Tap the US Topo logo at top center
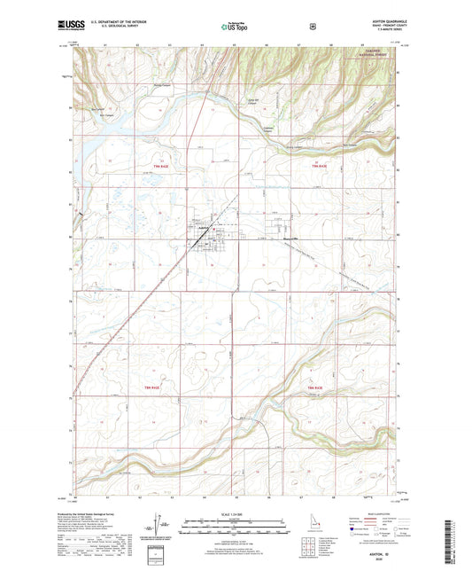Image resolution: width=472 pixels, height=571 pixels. tap(234, 28)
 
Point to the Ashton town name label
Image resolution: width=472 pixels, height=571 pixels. tap(204, 228)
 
